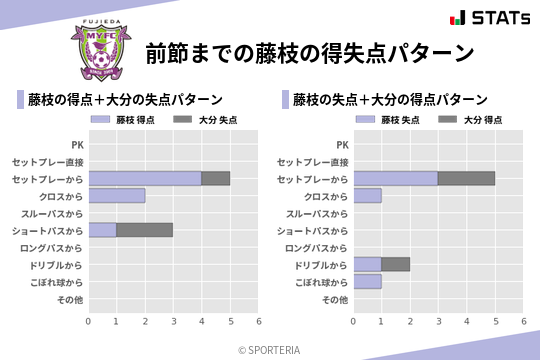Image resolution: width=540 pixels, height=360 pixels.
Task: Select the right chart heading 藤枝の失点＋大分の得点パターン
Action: click(390, 99)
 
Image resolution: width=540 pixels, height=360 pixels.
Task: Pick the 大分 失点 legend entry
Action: click(199, 120)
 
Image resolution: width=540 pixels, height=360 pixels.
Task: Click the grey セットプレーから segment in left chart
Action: click(215, 178)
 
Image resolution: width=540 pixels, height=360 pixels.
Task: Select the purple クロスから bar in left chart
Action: click(116, 195)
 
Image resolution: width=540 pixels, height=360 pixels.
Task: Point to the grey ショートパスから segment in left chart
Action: click(144, 230)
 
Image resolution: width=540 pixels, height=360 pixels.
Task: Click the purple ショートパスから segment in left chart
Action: click(102, 230)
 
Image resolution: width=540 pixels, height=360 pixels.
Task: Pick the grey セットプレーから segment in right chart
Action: click(466, 178)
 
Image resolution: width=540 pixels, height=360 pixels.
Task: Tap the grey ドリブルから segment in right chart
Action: click(395, 265)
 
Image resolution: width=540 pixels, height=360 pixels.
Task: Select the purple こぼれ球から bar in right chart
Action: click(367, 282)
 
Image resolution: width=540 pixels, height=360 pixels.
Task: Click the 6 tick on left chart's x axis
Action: click(258, 321)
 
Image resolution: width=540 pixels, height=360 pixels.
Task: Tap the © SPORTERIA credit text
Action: click(270, 349)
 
